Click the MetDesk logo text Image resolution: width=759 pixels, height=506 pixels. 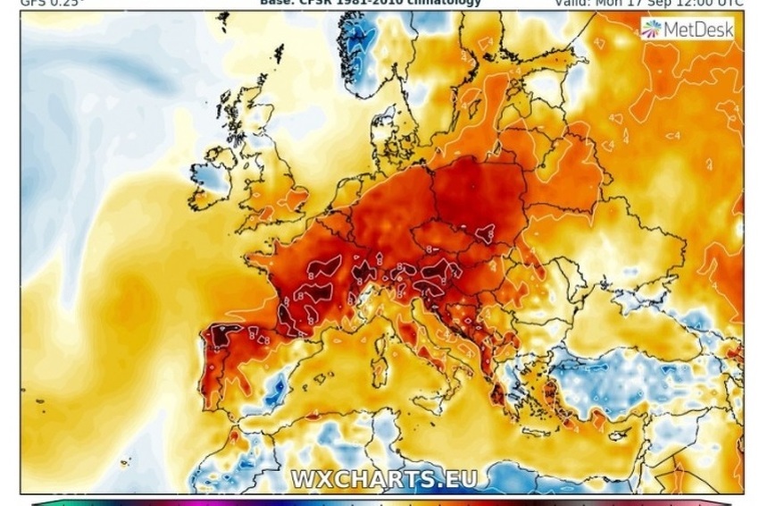coord(697,30)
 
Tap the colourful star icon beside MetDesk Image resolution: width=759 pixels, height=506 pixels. coord(650,30)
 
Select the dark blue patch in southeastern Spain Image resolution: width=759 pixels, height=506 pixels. coord(278,387)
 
